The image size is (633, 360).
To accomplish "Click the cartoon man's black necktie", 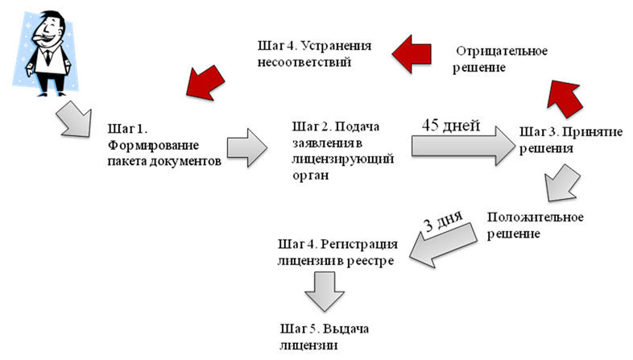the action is point(48,57).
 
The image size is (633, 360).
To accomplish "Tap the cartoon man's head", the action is point(48,28).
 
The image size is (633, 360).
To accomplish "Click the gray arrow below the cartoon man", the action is point(74,119).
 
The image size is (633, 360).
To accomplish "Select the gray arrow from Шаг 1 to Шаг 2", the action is point(247,147).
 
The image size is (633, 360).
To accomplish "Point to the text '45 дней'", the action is point(451,125).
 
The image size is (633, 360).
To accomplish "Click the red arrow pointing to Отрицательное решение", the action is point(565,98).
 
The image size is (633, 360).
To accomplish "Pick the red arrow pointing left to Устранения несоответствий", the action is point(412,54).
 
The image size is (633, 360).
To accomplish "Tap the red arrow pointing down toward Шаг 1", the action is point(205,83).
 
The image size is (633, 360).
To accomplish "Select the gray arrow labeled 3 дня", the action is point(443,245).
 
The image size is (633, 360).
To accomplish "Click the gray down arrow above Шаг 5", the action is point(325,292).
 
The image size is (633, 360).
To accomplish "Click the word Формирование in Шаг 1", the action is point(153,145).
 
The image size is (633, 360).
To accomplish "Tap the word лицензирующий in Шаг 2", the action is point(343,159).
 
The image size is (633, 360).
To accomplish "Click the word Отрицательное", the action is point(502,52).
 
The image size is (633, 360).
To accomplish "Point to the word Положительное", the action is point(536,217).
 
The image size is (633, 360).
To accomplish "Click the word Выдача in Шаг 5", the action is point(345,329).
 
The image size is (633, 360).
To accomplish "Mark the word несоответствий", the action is point(304,63).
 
